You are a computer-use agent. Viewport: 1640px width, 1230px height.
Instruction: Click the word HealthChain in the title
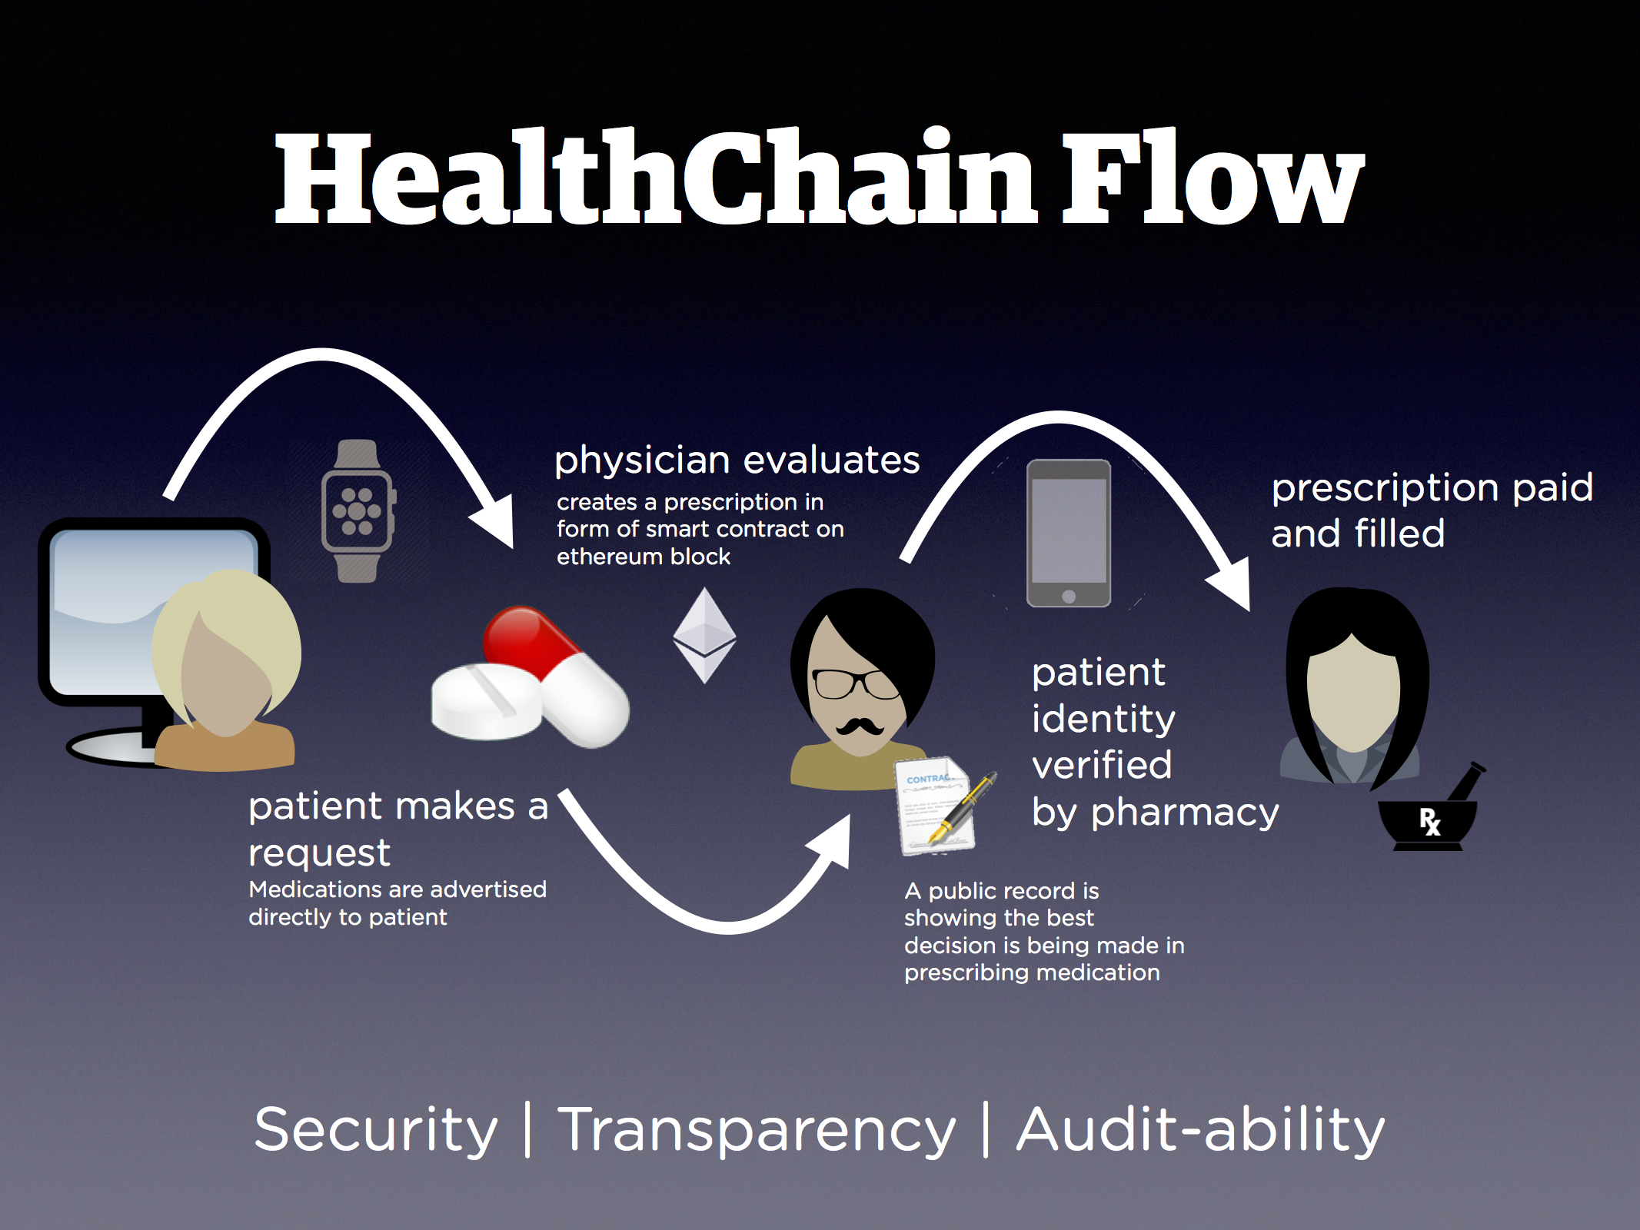coord(654,178)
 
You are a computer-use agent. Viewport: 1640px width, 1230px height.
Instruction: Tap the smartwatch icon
coord(358,511)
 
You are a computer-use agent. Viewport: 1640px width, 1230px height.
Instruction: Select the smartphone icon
coord(1069,534)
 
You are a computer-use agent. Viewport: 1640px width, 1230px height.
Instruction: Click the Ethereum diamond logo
coord(704,635)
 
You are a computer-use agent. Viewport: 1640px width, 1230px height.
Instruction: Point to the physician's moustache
coord(859,725)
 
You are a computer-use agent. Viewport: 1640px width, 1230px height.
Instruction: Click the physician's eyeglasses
coord(853,683)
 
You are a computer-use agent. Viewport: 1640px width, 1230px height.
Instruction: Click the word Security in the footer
coord(376,1130)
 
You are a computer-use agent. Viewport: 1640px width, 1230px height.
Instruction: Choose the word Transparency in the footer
coord(757,1130)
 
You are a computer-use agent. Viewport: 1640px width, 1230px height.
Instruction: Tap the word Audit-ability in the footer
coord(1200,1130)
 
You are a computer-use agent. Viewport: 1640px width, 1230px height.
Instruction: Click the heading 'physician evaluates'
coord(737,460)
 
